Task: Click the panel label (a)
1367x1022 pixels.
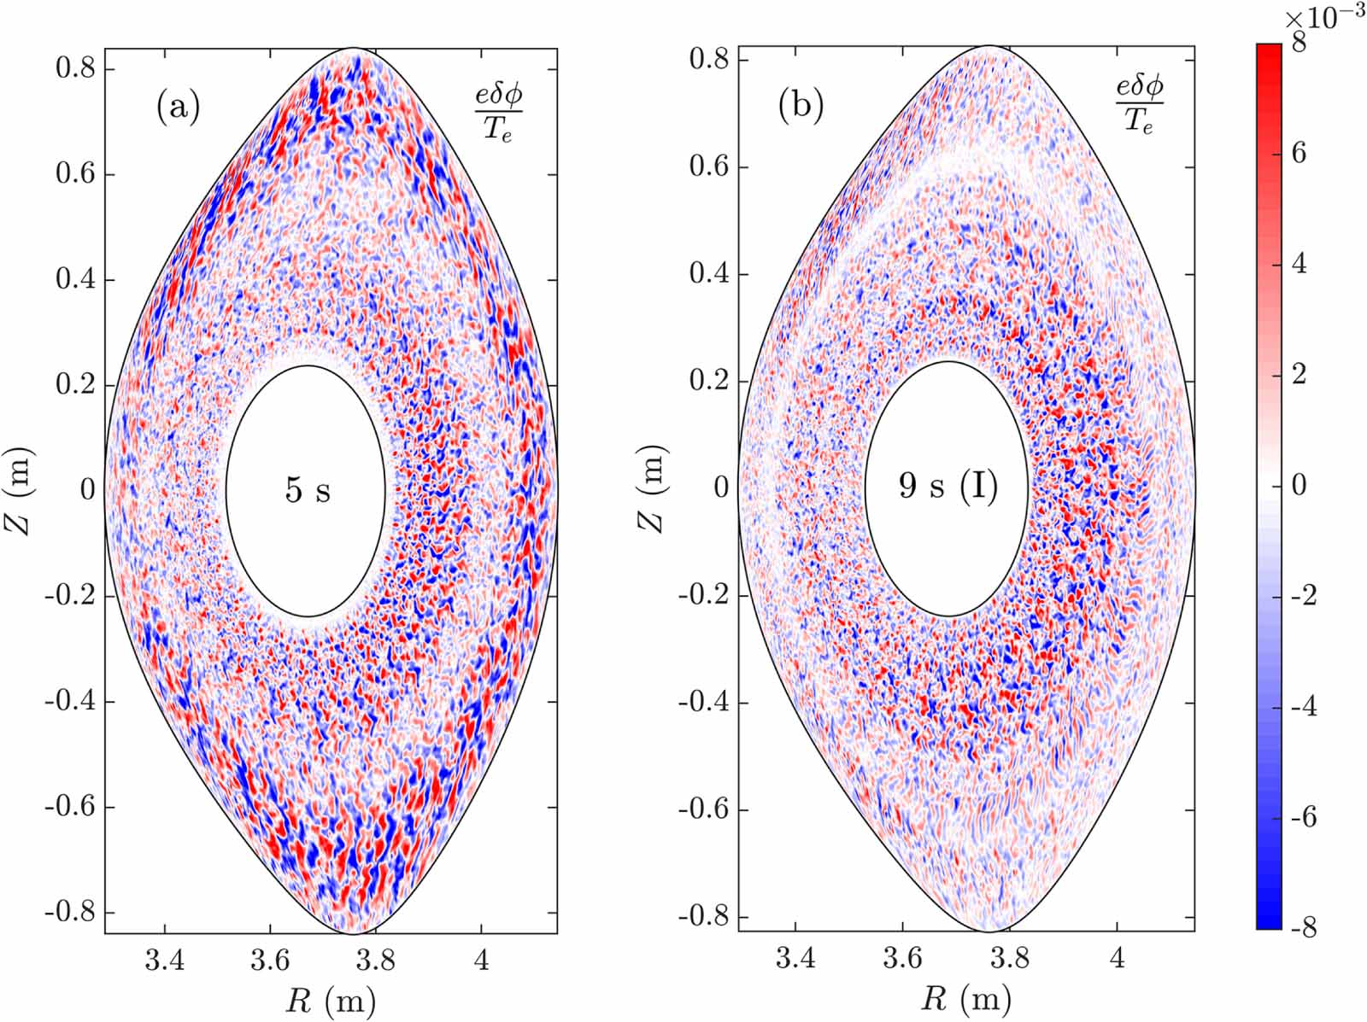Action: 178,108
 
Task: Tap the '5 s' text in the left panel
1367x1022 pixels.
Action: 307,491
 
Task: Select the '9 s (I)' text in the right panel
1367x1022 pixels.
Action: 948,486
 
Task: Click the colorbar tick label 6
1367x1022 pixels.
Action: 1298,153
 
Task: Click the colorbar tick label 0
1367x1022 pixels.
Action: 1299,485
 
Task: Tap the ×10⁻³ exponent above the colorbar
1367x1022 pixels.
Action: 1323,19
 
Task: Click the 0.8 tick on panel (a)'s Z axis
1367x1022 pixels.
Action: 74,68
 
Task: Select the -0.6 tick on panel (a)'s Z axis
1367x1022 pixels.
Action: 70,807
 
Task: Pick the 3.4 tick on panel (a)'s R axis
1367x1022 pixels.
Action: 163,961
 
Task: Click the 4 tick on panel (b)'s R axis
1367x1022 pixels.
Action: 1117,958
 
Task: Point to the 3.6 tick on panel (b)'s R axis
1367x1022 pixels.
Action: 902,958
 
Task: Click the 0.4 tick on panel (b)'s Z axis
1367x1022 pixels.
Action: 707,274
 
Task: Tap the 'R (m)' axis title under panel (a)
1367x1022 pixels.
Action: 331,999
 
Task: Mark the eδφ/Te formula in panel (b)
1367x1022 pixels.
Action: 1139,105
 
